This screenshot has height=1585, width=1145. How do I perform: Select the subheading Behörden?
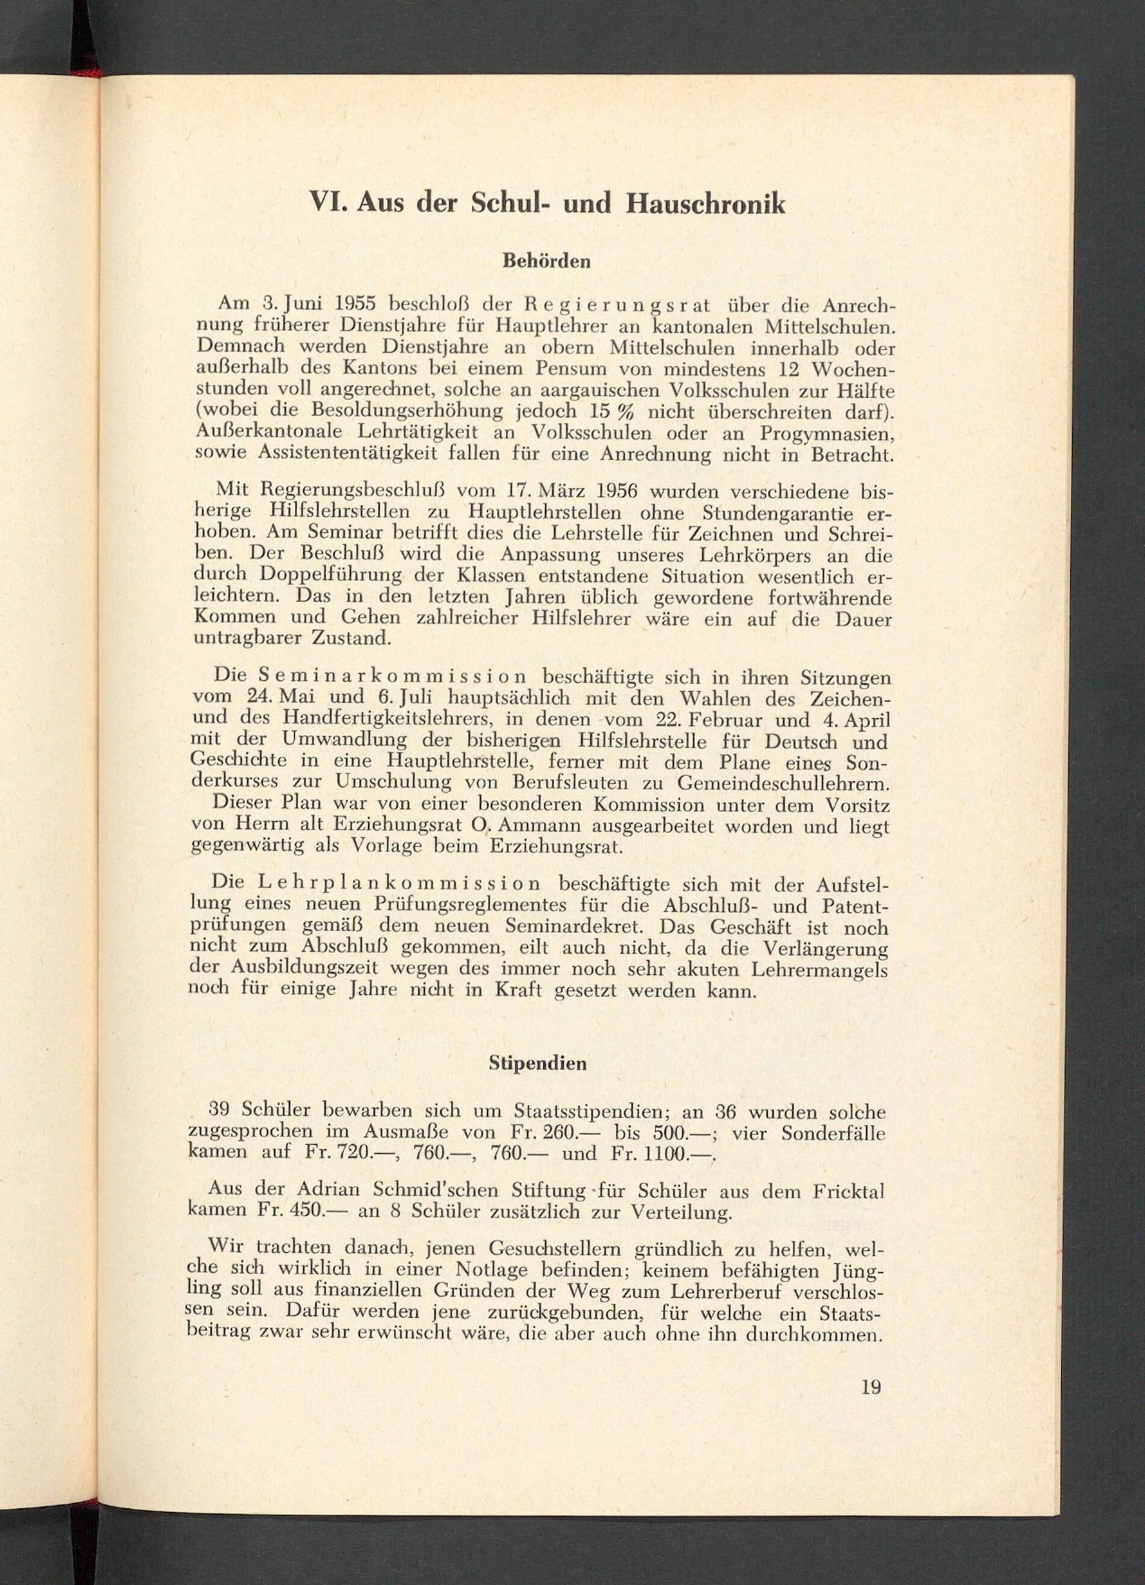(546, 262)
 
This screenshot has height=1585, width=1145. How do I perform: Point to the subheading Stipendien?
(547, 1064)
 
